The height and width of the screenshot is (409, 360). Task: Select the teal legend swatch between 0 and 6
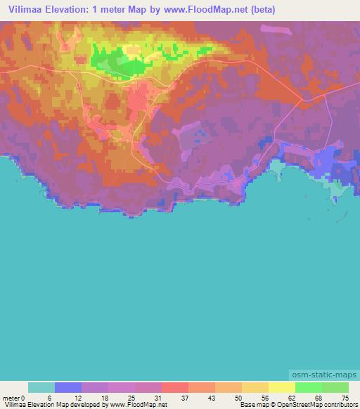pyautogui.click(x=41, y=387)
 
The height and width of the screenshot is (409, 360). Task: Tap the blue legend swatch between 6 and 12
pyautogui.click(x=68, y=387)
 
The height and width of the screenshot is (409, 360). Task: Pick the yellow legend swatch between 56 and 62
pyautogui.click(x=282, y=387)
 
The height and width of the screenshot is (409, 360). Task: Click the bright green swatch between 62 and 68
pyautogui.click(x=309, y=387)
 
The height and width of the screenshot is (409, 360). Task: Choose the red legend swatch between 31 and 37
pyautogui.click(x=175, y=387)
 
